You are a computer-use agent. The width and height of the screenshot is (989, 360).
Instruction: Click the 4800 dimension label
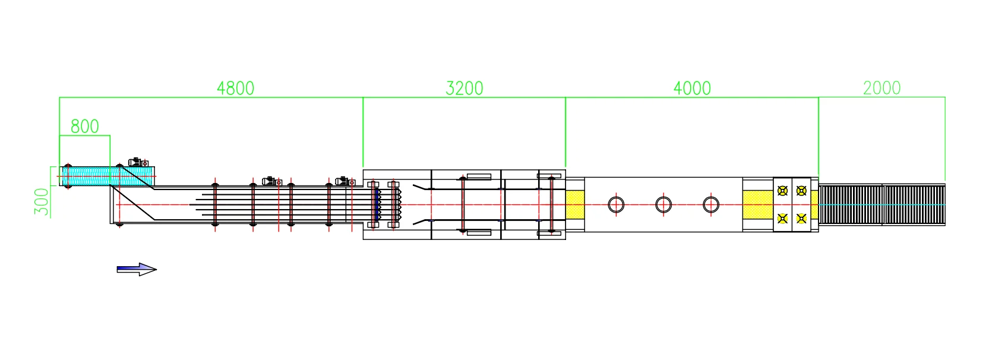point(235,89)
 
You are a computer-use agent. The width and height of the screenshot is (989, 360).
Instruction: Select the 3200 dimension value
point(464,89)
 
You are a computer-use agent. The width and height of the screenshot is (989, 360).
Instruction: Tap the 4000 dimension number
point(692,89)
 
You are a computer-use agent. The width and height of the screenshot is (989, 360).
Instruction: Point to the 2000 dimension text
point(881,88)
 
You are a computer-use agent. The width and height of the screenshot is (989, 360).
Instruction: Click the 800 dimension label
point(85,127)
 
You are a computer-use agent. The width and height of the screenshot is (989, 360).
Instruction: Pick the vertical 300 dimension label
point(42,202)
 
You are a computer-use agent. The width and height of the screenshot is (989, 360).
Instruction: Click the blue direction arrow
point(137,270)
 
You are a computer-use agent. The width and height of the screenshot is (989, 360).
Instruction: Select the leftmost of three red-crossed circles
point(616,205)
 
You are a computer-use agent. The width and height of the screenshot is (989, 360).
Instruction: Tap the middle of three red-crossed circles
point(663,205)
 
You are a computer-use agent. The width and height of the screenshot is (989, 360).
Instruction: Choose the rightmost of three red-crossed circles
point(711,205)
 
